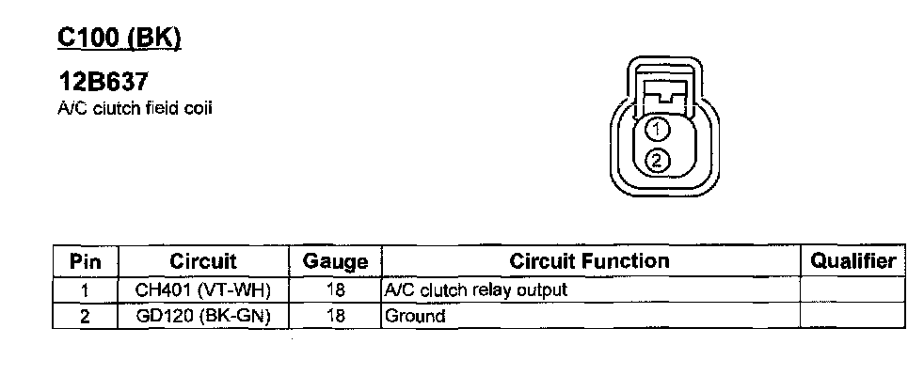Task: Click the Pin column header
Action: (x=85, y=260)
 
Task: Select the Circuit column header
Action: (x=203, y=260)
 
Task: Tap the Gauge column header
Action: (x=335, y=261)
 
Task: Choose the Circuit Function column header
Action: (x=589, y=260)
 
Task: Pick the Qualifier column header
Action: (x=853, y=260)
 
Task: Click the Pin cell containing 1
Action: (x=85, y=290)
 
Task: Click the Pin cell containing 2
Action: (x=85, y=317)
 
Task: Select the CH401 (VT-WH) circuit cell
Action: (x=203, y=290)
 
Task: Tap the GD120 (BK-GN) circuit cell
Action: (x=203, y=317)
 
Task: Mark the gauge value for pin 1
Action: (x=335, y=290)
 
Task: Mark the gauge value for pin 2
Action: (x=335, y=317)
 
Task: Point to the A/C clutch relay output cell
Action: (x=476, y=290)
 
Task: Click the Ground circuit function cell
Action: (x=415, y=317)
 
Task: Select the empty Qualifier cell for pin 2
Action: (x=853, y=317)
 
